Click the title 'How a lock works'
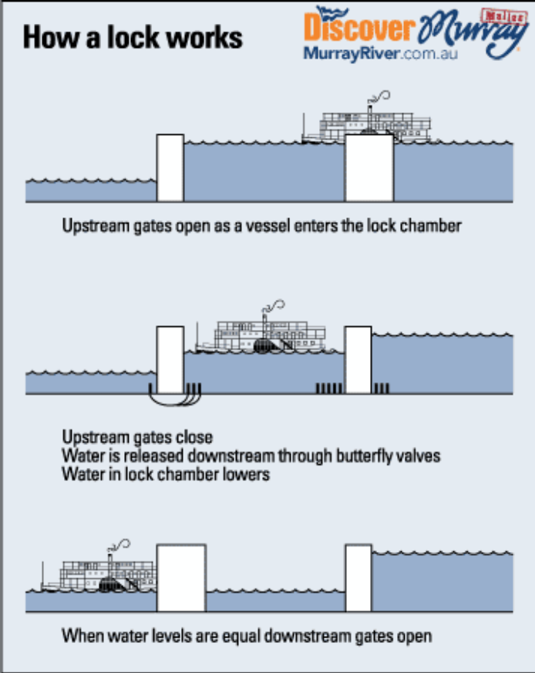(133, 38)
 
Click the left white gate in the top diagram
(170, 168)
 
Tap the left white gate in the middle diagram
(170, 359)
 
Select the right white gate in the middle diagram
(358, 359)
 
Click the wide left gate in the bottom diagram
(181, 578)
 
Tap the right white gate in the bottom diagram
(358, 578)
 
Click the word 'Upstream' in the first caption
(92, 226)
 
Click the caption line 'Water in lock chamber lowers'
(166, 474)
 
